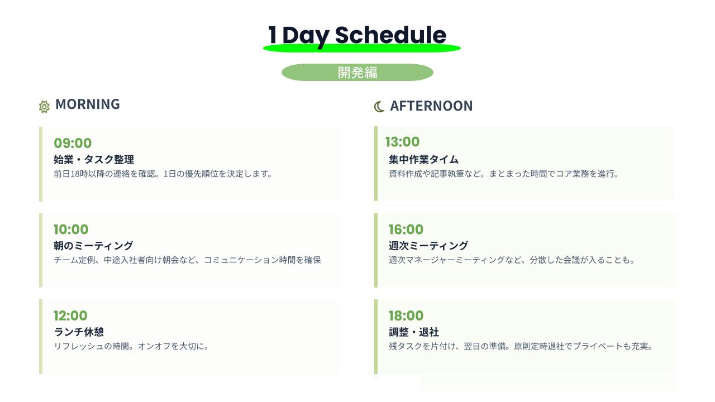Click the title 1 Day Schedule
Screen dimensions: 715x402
click(357, 35)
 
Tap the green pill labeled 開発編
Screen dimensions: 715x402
click(357, 73)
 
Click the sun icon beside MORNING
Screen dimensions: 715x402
click(44, 107)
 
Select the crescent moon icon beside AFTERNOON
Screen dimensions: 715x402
click(379, 107)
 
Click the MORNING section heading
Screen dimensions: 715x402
click(88, 104)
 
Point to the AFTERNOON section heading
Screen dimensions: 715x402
click(431, 106)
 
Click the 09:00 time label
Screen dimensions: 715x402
click(73, 143)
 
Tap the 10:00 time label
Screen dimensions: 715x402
click(71, 229)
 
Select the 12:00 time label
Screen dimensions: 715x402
click(70, 315)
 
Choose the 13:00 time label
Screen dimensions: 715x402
click(403, 142)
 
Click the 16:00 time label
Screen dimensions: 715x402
click(406, 229)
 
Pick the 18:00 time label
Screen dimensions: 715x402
click(406, 315)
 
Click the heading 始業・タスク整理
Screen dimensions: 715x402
click(94, 159)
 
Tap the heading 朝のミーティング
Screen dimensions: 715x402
click(93, 246)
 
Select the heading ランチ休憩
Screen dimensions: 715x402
click(79, 332)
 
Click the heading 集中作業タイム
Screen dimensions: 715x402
click(423, 159)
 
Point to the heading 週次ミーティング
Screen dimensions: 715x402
click(428, 246)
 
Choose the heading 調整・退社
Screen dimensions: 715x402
click(414, 332)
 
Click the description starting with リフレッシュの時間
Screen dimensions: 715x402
click(131, 346)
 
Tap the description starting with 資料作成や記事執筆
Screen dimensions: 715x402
click(504, 174)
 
